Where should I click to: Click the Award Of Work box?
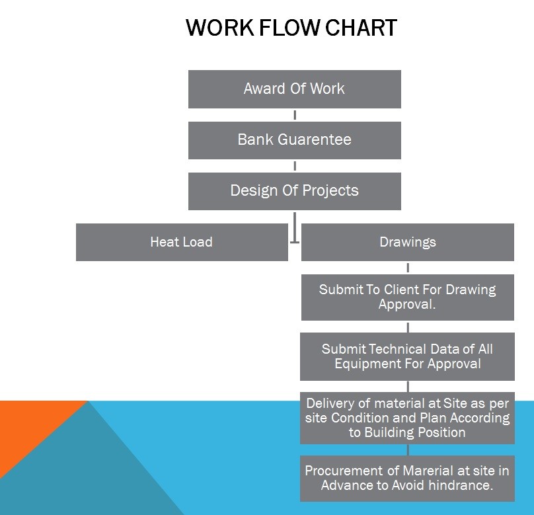(x=295, y=89)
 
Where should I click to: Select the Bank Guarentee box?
(x=295, y=140)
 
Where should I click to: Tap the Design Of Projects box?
(x=295, y=191)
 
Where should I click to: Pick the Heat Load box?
(x=182, y=242)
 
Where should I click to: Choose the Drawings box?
(x=408, y=242)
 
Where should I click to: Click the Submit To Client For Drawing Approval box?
(x=408, y=297)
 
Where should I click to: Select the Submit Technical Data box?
(x=407, y=356)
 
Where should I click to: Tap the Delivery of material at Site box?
(x=407, y=418)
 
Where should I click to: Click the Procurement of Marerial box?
(x=407, y=478)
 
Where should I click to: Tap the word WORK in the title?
(x=220, y=28)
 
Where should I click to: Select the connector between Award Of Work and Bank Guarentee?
(x=295, y=115)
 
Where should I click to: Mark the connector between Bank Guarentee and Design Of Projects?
(x=295, y=166)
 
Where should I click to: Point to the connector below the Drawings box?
(x=408, y=268)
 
